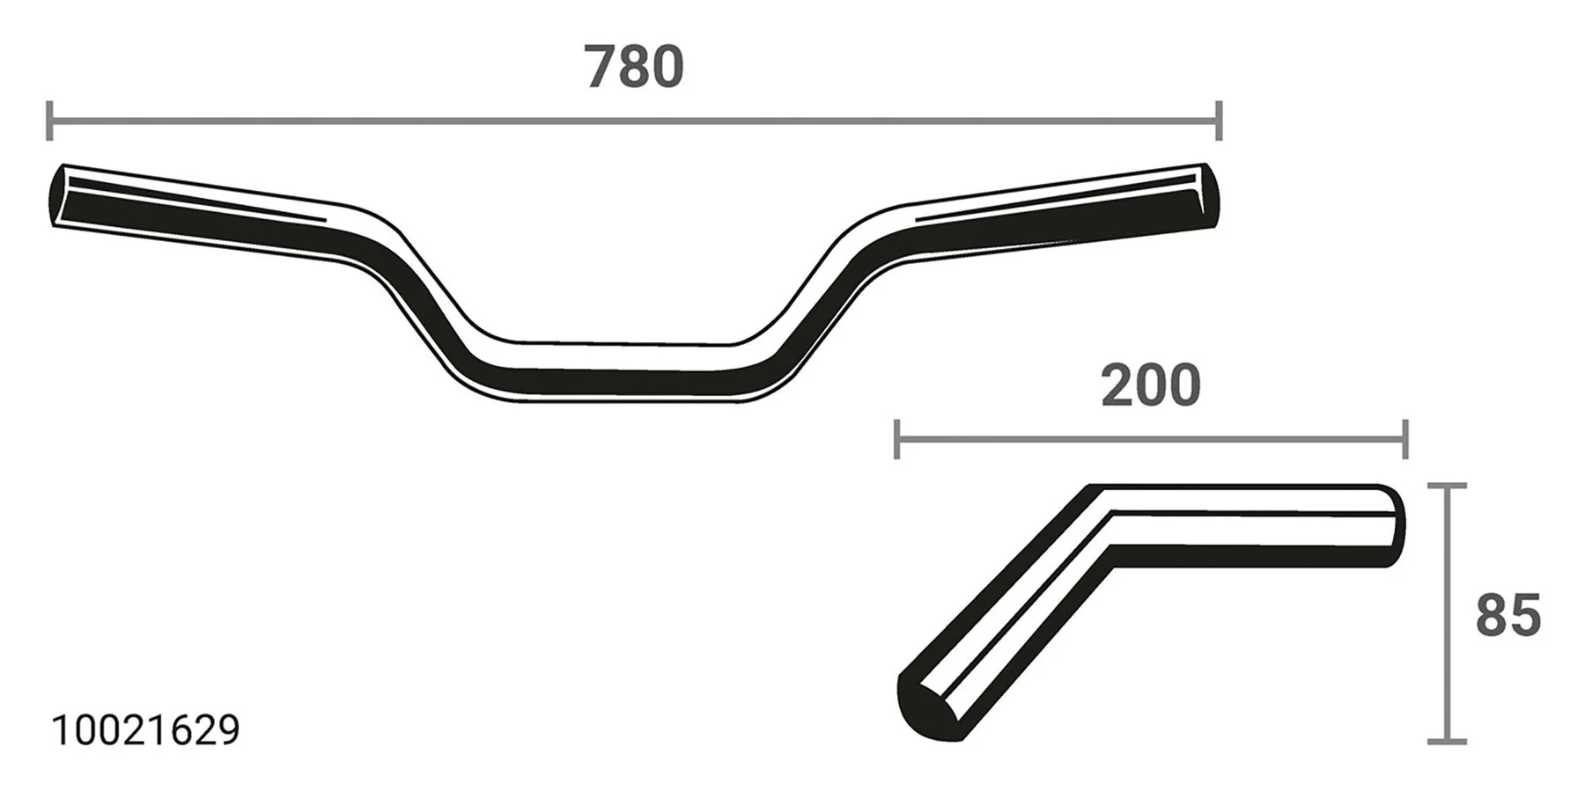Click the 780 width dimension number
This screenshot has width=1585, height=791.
click(x=634, y=69)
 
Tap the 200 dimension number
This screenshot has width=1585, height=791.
click(x=1150, y=386)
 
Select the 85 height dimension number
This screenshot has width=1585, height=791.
click(x=1508, y=615)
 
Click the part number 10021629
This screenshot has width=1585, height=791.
click(x=145, y=731)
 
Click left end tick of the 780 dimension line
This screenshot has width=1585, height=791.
click(x=49, y=121)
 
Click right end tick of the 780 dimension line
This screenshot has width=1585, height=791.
click(x=1219, y=121)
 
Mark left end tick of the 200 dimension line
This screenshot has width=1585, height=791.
click(x=896, y=439)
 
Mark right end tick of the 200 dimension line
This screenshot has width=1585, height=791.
click(x=1405, y=439)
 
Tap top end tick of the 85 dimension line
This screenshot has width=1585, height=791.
click(x=1446, y=486)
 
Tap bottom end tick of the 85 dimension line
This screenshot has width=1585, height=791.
click(x=1446, y=741)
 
